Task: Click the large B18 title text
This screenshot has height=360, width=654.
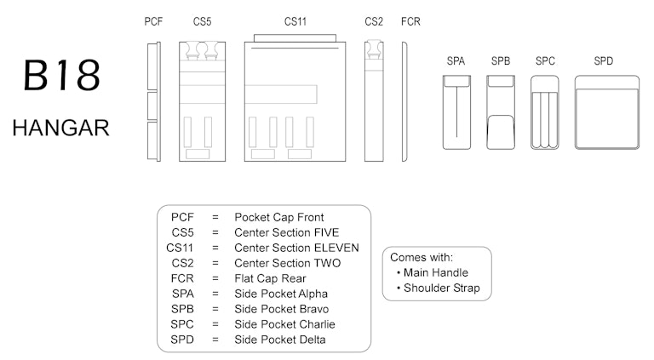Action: [61, 77]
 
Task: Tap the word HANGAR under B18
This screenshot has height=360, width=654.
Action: [60, 129]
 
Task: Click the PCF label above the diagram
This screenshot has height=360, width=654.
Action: [153, 21]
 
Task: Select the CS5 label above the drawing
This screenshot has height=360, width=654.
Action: [202, 21]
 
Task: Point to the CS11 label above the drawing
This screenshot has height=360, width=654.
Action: [295, 21]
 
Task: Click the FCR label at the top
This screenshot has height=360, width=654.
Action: [410, 21]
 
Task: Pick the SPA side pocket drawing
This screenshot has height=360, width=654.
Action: [457, 112]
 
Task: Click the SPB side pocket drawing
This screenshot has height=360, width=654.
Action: [502, 112]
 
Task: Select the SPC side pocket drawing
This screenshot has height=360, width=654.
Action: [546, 112]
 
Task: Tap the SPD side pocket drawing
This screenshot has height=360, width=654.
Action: [606, 112]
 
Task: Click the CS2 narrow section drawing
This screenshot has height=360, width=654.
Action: [374, 100]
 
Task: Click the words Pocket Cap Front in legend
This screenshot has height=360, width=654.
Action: [279, 217]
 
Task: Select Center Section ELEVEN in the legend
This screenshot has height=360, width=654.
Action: [296, 248]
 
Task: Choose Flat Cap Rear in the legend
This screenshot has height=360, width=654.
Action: [270, 278]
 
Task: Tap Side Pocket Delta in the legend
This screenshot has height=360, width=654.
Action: [280, 340]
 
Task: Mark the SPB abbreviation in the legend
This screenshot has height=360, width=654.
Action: [182, 309]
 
